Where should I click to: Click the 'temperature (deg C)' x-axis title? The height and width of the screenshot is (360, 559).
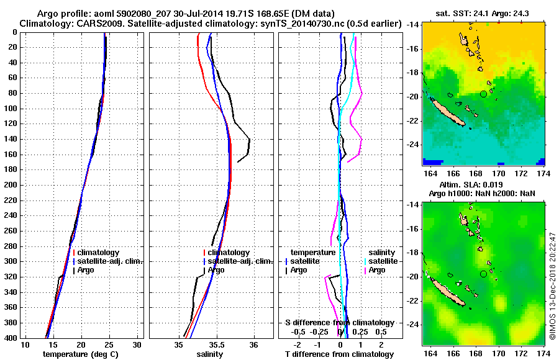tap(80, 354)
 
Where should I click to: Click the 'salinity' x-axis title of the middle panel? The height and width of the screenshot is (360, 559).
tap(210, 354)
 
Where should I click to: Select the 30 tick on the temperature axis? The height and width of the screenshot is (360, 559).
tap(137, 344)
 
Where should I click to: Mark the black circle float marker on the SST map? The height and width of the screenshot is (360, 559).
tap(484, 94)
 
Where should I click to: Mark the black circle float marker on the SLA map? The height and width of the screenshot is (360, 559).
tap(484, 274)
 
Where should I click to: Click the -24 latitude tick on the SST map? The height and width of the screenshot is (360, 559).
tap(412, 144)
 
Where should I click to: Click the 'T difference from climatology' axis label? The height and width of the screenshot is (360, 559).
tap(340, 354)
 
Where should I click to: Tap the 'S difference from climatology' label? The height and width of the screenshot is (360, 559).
tap(339, 323)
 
